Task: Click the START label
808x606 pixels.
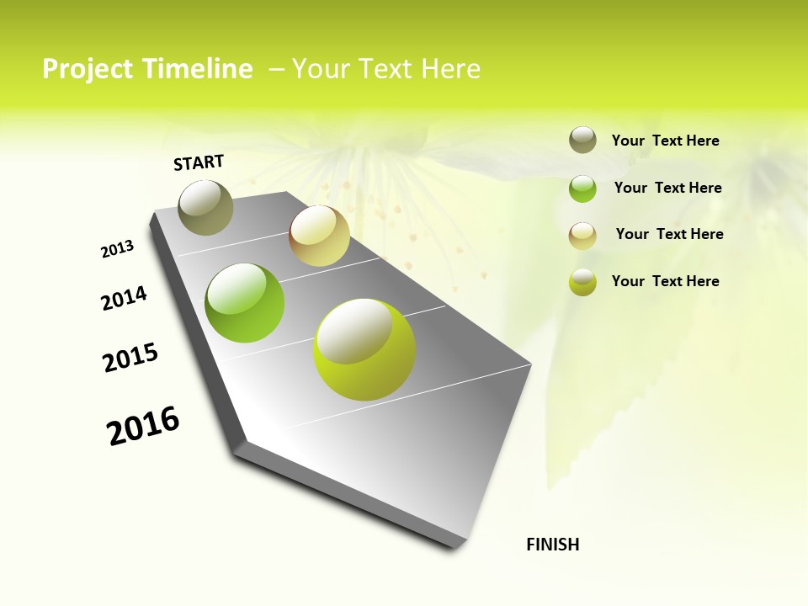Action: pos(199,162)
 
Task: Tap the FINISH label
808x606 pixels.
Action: pos(552,545)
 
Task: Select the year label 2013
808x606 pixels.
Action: pos(117,249)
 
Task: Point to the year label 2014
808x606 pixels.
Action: pos(124,298)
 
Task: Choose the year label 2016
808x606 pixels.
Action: pos(143,426)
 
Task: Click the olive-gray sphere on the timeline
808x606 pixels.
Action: pos(205,207)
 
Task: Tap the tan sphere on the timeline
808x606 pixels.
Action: pos(319,236)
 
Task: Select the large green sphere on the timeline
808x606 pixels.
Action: pos(245,303)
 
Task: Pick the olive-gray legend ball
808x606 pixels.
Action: pos(582,141)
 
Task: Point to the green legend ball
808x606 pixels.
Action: pos(582,189)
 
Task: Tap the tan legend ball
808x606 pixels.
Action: pos(582,236)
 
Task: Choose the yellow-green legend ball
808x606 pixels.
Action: pos(582,282)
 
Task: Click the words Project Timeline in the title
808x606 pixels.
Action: pos(147,69)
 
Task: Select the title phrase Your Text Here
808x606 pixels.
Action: pos(386,69)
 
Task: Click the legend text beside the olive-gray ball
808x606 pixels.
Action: pos(665,141)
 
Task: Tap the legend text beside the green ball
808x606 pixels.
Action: pos(667,188)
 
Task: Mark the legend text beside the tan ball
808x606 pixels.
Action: pos(669,234)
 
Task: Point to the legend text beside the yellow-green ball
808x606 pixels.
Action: pos(665,281)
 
